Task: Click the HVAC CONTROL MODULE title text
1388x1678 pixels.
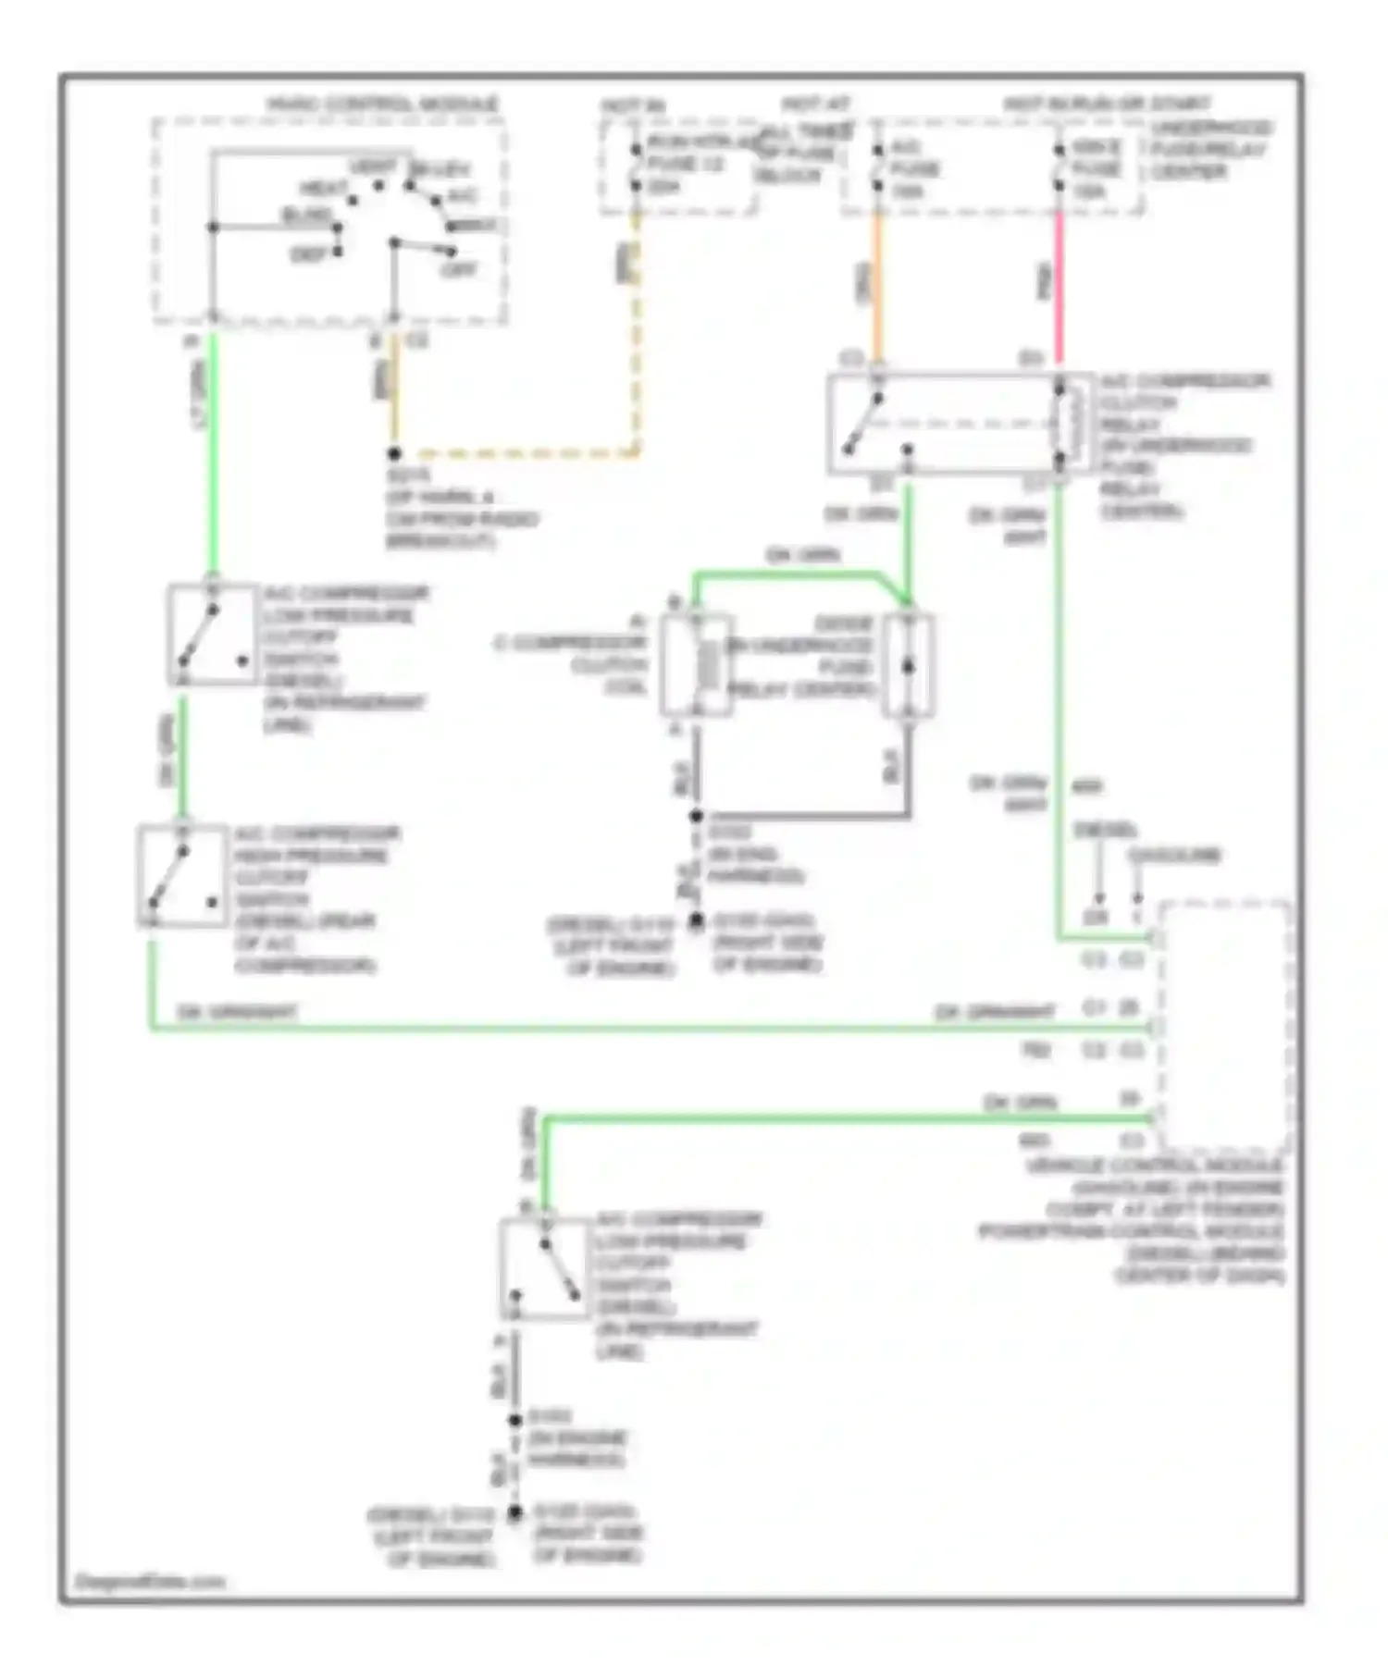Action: (382, 104)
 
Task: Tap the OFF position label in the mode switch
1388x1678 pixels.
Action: (458, 269)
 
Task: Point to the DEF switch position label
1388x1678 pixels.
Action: (309, 254)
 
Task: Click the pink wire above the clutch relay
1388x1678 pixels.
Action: (1060, 287)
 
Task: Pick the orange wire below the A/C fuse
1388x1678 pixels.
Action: (878, 287)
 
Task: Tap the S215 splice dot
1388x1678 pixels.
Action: (394, 453)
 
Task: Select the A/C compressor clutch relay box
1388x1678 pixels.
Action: (958, 424)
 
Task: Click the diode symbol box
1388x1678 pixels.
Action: (908, 665)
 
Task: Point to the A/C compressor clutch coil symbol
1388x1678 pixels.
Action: (697, 664)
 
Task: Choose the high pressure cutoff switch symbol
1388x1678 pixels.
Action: (182, 876)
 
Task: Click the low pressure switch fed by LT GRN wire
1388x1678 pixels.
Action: (212, 635)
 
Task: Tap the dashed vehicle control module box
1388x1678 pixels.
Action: (1223, 1024)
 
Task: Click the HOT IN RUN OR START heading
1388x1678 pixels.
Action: (1107, 104)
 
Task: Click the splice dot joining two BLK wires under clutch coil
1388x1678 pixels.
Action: (696, 816)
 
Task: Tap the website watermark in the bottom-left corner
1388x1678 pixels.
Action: (150, 1581)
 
